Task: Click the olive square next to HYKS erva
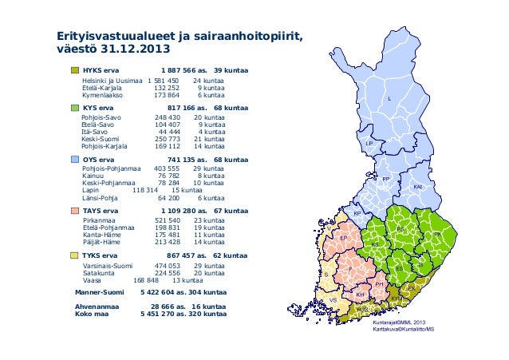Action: coord(75,70)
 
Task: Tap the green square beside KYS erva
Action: coord(75,107)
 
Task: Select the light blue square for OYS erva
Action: coord(75,159)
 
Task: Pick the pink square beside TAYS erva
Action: coord(75,211)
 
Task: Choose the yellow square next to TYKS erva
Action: coord(75,255)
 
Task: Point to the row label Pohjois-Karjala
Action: coord(104,147)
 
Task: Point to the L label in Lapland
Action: coord(389,98)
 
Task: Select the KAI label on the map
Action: coord(417,186)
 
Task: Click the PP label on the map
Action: coord(385,179)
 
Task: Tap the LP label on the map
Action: coord(369,143)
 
